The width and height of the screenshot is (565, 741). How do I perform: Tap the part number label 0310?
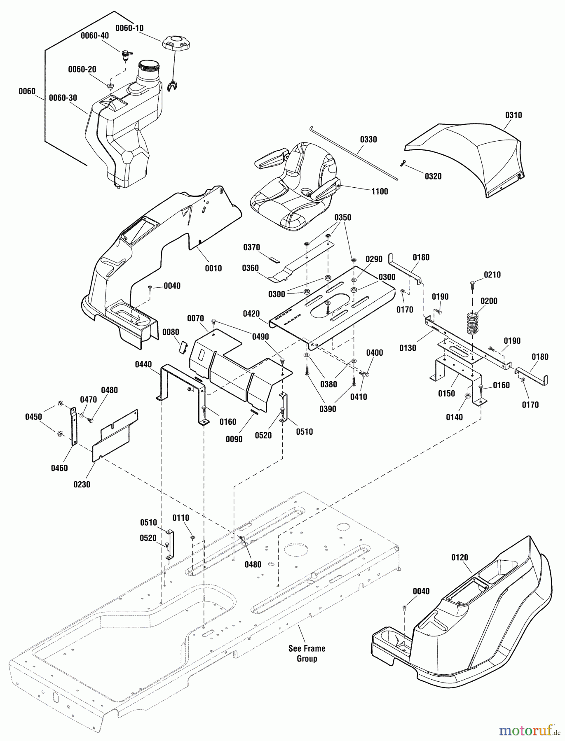click(513, 115)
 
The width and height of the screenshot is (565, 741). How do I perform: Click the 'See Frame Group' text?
click(307, 653)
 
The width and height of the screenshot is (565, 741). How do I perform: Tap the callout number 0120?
click(460, 557)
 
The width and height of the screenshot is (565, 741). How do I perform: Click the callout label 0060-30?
click(63, 98)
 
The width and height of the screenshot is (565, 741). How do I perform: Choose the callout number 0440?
click(143, 364)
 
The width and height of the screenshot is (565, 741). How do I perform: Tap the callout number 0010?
click(213, 268)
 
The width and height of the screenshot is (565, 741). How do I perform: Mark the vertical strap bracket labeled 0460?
click(74, 426)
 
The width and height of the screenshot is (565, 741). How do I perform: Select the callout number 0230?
click(82, 484)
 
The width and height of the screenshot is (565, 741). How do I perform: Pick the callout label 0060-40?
click(95, 36)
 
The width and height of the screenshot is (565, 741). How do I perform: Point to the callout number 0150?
click(446, 393)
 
